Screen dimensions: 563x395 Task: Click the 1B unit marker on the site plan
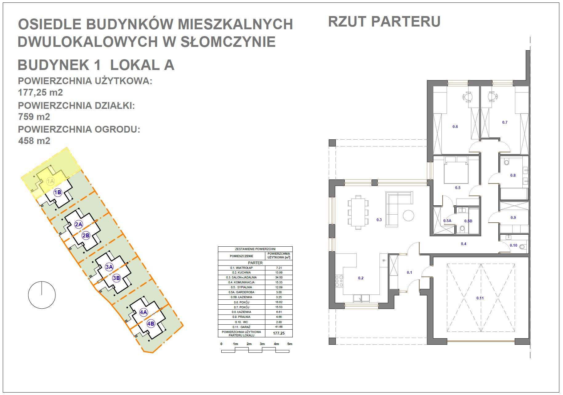(x=58, y=192)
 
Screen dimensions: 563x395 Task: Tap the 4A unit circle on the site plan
(x=143, y=312)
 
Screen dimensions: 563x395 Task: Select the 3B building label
(x=116, y=278)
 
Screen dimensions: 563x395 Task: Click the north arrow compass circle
(x=42, y=295)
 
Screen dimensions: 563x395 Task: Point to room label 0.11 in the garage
(x=480, y=298)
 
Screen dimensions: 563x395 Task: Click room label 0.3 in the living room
(x=379, y=220)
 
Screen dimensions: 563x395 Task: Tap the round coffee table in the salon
(x=408, y=215)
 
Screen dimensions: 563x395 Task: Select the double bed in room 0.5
(x=456, y=170)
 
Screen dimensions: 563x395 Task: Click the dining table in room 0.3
(x=358, y=212)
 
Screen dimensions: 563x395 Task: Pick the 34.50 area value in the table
(x=279, y=278)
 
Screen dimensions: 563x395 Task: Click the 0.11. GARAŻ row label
(x=241, y=327)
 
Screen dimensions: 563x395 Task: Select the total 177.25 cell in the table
(x=279, y=333)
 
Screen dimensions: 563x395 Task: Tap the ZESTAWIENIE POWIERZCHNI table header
(x=255, y=249)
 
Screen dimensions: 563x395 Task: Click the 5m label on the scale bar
(x=290, y=344)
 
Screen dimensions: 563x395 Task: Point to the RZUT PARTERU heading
(x=384, y=22)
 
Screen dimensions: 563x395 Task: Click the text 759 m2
(x=34, y=117)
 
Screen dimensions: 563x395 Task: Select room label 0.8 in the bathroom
(x=513, y=175)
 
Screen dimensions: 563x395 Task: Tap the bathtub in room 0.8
(x=514, y=194)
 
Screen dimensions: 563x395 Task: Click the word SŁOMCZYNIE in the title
(x=228, y=42)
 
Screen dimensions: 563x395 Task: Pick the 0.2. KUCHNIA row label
(x=241, y=273)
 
